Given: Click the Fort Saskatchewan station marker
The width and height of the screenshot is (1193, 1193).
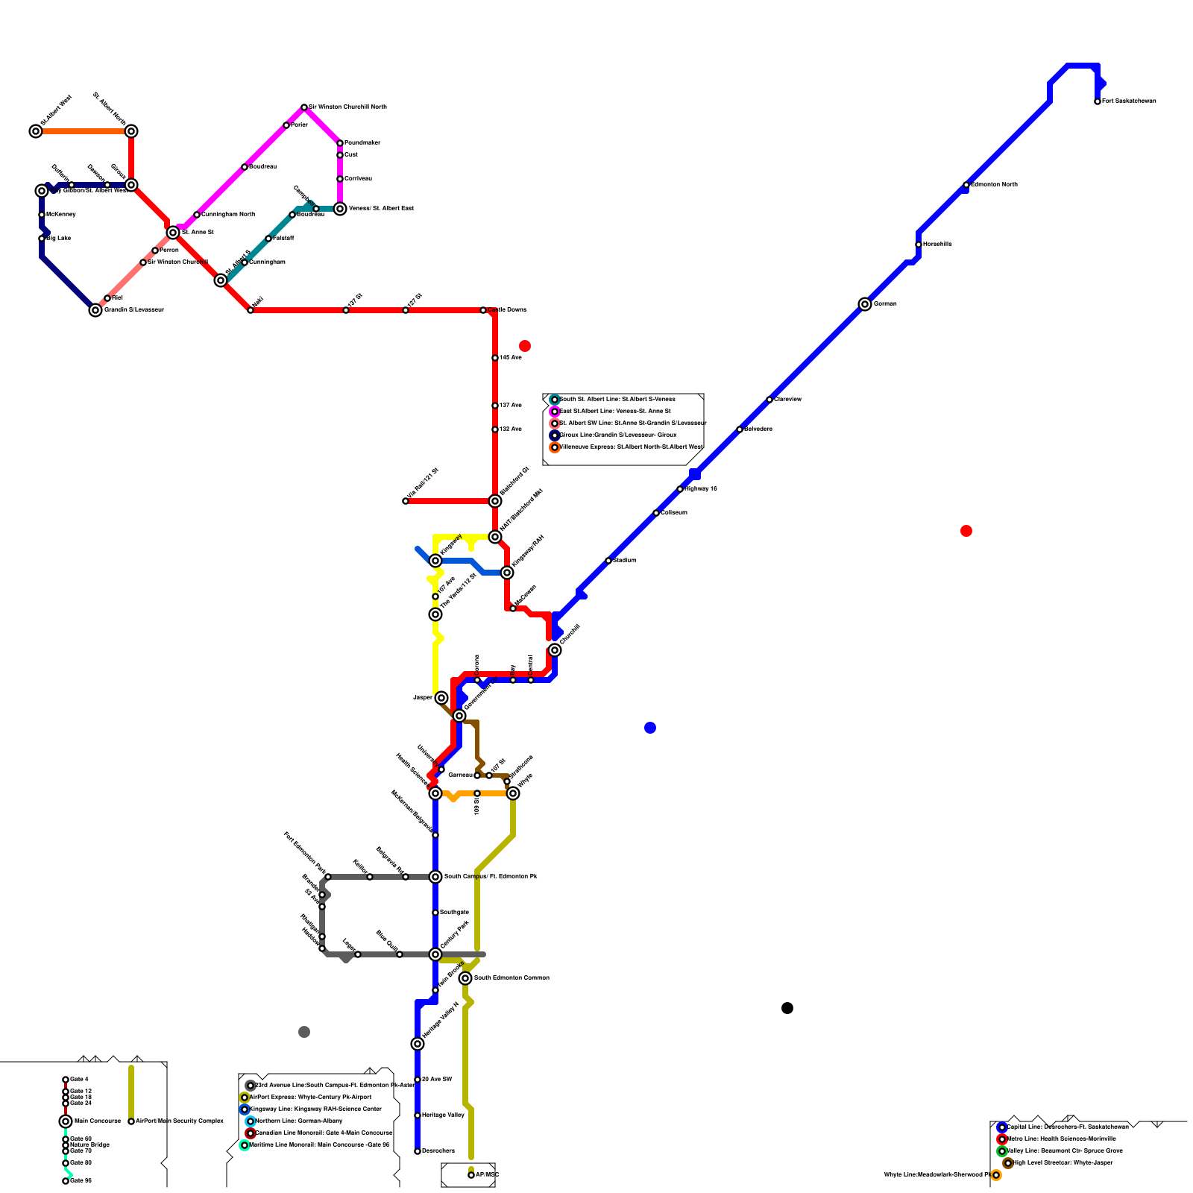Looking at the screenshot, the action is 1098,101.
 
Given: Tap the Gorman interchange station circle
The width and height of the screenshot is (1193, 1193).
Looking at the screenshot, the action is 865,304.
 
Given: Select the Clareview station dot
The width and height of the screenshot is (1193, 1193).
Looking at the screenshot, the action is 769,400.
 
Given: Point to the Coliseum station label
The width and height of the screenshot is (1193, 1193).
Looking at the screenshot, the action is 674,512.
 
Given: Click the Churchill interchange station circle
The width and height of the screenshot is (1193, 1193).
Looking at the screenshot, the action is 555,650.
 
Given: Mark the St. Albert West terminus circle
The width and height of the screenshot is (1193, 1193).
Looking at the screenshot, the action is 36,131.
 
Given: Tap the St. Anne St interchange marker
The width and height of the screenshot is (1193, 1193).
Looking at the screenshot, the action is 173,233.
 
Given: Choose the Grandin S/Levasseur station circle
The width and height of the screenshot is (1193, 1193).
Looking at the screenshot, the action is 95,310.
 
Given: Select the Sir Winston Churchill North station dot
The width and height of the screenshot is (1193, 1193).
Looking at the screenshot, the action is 304,107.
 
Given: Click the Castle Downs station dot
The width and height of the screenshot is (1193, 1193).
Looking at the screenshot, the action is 483,310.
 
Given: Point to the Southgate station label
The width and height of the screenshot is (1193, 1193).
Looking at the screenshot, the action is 454,912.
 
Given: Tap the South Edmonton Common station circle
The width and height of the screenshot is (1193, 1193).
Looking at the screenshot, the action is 465,978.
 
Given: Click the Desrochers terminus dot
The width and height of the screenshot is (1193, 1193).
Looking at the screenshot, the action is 418,1151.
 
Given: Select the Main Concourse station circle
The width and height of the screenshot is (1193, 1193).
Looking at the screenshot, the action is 66,1121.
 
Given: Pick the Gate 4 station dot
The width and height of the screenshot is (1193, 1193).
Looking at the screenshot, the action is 66,1080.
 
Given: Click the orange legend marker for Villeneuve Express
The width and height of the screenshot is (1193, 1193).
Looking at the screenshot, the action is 555,447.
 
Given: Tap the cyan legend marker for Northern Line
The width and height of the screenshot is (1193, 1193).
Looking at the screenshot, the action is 251,1121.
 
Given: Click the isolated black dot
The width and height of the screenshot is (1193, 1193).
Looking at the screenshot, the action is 787,1008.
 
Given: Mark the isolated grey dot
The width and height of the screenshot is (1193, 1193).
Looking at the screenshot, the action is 304,1032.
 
